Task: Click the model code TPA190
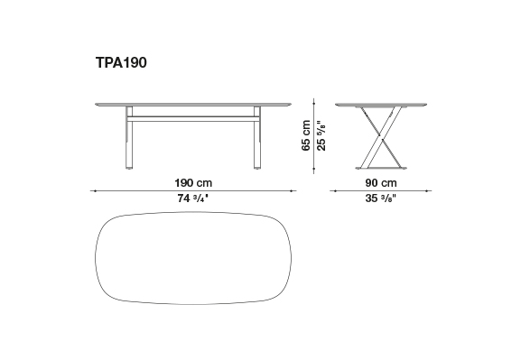pyautogui.click(x=121, y=62)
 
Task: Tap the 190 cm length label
pyautogui.click(x=193, y=183)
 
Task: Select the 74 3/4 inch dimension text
pyautogui.click(x=192, y=198)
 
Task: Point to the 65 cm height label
pyautogui.click(x=306, y=135)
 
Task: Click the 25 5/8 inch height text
pyautogui.click(x=321, y=135)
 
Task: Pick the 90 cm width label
pyautogui.click(x=381, y=183)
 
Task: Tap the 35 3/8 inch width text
pyautogui.click(x=381, y=198)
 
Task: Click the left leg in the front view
pyautogui.click(x=129, y=137)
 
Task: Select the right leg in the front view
pyautogui.click(x=257, y=137)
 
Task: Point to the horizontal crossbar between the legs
pyautogui.click(x=193, y=119)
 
